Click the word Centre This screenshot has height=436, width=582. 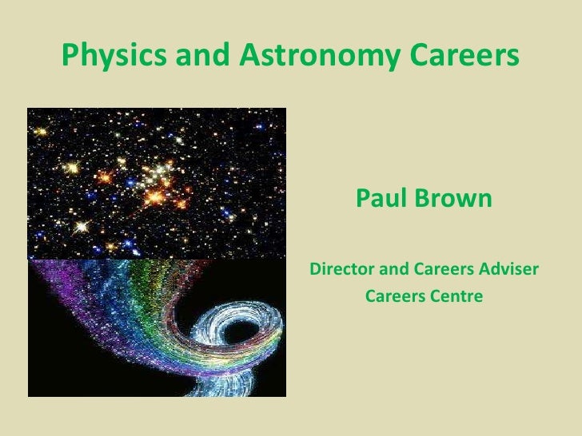[x=457, y=297]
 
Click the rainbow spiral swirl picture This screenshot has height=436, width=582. [x=157, y=327]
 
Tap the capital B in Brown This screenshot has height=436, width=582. [x=424, y=197]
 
